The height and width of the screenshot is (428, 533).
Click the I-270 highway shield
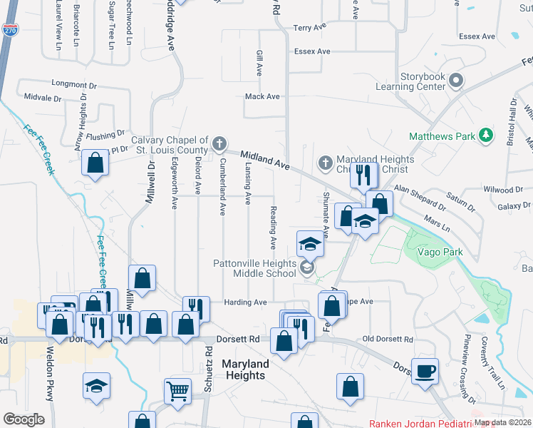pos(10,30)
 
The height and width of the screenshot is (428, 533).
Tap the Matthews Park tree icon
pos(487,135)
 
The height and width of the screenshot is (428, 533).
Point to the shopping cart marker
pos(177,390)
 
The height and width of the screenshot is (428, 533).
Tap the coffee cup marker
pos(425,371)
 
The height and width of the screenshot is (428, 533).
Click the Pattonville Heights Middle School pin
pos(307,268)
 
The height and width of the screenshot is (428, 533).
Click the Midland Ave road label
pos(264,160)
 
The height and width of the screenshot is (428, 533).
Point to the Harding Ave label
pos(245,302)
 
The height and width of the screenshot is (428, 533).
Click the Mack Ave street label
pos(262,96)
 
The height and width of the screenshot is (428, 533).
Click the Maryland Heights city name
pos(245,370)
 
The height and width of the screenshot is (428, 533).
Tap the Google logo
pos(24,419)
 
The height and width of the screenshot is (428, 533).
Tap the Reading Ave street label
pos(273,228)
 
